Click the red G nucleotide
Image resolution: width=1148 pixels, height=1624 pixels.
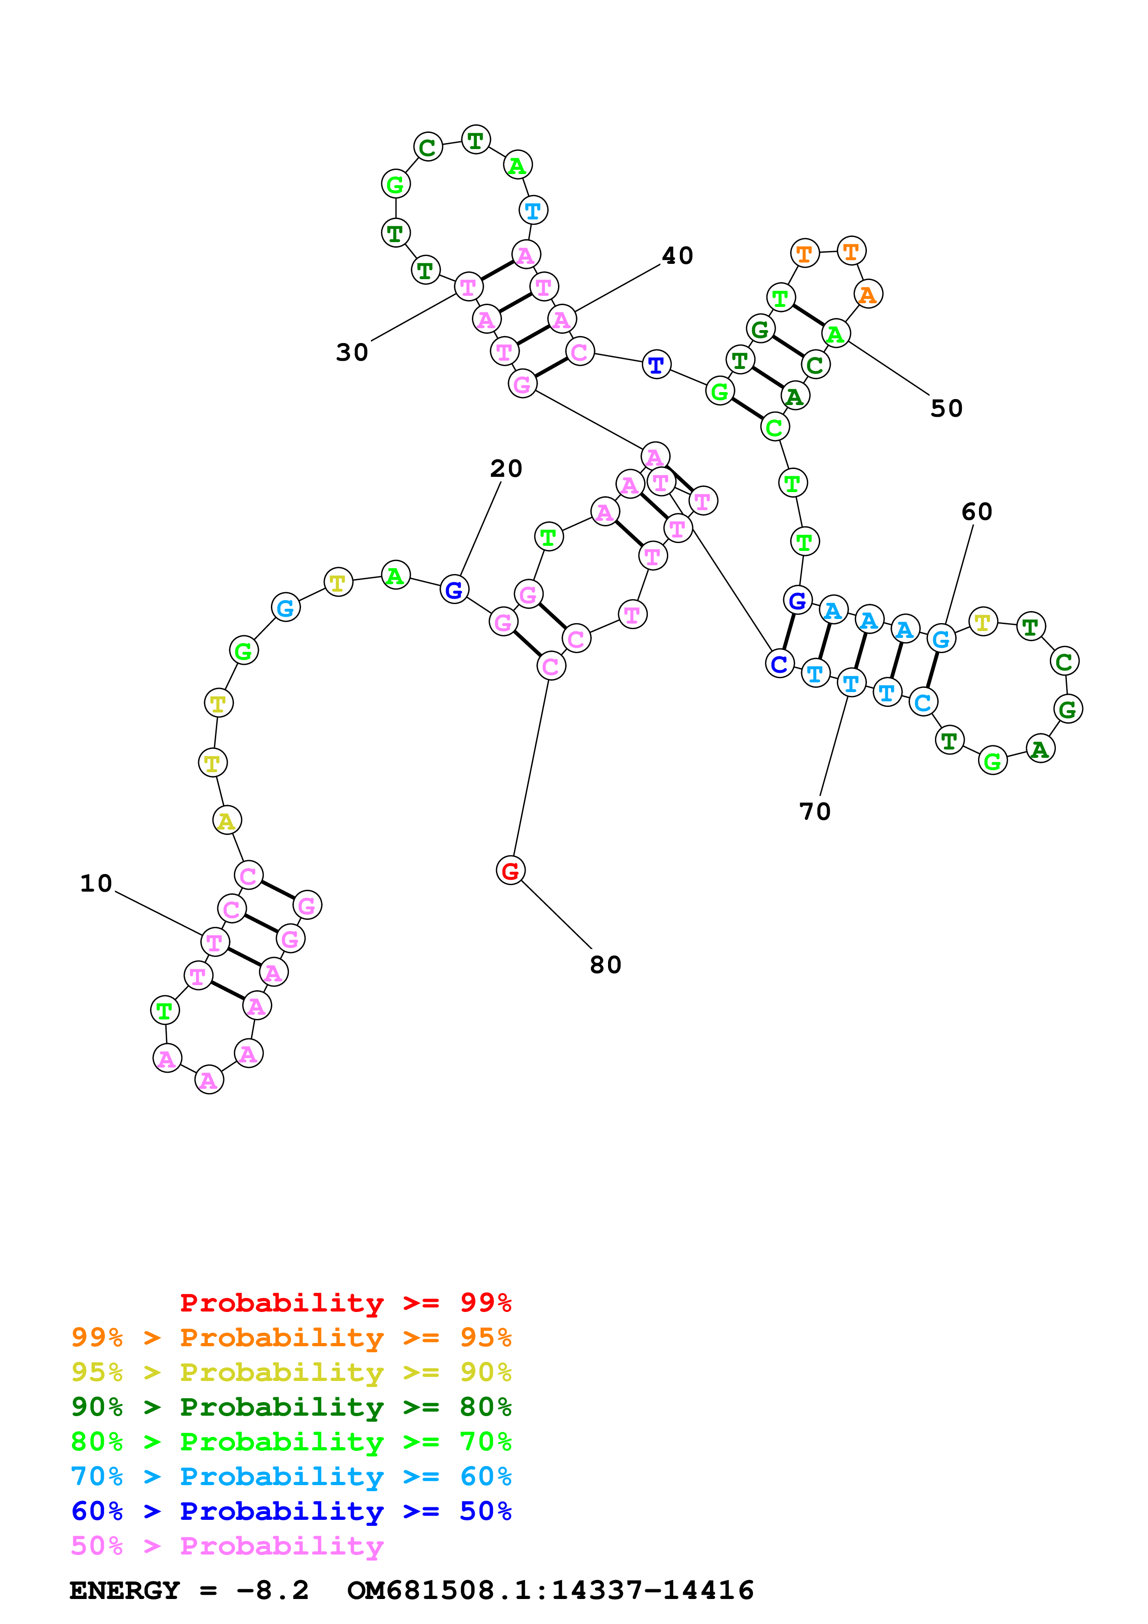(510, 871)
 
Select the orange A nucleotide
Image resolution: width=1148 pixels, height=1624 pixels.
(868, 294)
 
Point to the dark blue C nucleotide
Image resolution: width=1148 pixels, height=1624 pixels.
(779, 663)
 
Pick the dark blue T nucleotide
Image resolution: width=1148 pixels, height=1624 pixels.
(656, 365)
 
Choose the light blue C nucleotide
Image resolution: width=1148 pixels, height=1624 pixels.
(922, 702)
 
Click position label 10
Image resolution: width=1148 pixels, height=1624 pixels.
(96, 883)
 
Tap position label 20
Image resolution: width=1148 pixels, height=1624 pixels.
(507, 468)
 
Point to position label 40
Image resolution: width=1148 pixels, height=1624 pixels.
(678, 256)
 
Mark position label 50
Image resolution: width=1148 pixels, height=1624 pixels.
(947, 408)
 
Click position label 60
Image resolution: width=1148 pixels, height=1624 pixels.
(977, 512)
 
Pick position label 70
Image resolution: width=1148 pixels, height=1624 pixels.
(815, 811)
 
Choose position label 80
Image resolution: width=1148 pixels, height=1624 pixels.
(605, 965)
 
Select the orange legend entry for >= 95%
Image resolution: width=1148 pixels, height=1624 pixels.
(291, 1337)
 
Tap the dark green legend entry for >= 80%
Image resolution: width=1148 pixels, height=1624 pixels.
(291, 1407)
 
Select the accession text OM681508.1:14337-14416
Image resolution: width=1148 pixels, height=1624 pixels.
(550, 1590)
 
